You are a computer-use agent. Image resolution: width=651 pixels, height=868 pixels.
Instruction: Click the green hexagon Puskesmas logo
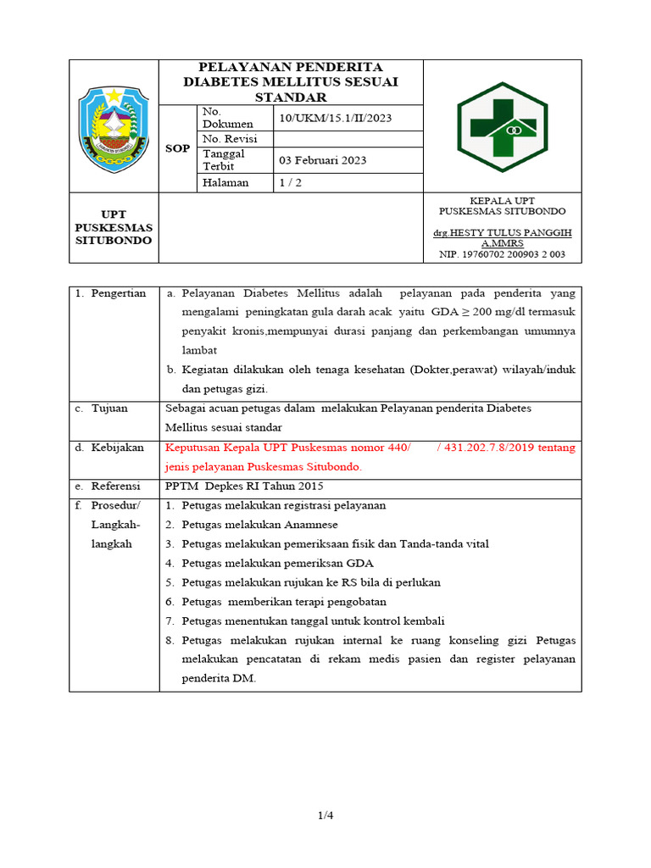pos(502,125)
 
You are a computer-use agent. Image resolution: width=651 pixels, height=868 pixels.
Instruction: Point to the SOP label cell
pos(177,148)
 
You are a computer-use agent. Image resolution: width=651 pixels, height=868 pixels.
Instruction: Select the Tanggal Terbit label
pos(224,159)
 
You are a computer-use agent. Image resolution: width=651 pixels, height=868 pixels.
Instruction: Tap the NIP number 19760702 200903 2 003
pos(502,253)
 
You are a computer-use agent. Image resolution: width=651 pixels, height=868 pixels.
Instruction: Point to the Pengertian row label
pos(118,293)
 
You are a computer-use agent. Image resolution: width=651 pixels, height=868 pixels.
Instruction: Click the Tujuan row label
pos(109,408)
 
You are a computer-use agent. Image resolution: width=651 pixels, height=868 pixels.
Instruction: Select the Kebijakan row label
pos(118,448)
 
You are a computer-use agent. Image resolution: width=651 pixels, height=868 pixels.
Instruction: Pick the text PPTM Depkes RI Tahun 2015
pos(244,486)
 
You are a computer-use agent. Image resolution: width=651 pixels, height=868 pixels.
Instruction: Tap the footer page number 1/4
pos(325,815)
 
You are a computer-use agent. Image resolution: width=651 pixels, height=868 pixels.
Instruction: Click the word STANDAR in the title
pos(291,97)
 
